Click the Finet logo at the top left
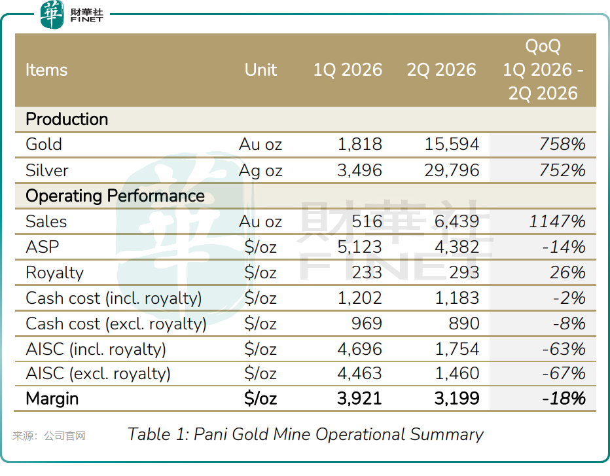tap(71, 14)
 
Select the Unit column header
tap(260, 70)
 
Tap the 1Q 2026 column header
tap(348, 70)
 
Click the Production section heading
tap(67, 119)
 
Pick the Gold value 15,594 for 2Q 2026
tap(452, 145)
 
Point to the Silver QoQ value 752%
tap(562, 170)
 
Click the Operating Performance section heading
tap(115, 196)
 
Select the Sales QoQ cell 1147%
tap(557, 221)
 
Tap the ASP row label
tap(43, 247)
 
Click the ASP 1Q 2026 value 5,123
tap(359, 247)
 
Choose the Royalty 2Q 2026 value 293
tap(464, 272)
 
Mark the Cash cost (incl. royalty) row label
tap(114, 299)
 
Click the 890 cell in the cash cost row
tap(464, 323)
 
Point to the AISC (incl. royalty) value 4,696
tap(359, 349)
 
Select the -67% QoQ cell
tap(564, 374)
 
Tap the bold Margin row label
tap(52, 399)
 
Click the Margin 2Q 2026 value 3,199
tap(457, 398)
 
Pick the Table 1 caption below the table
tap(306, 434)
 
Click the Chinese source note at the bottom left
tap(49, 435)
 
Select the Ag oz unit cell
tap(260, 171)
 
